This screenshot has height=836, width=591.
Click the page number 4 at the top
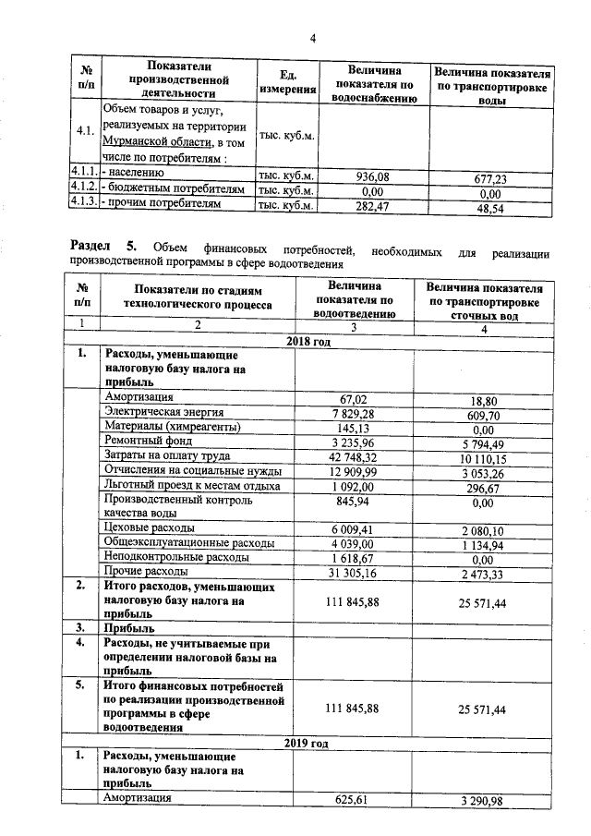(x=312, y=38)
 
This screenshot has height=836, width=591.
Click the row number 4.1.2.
(x=85, y=190)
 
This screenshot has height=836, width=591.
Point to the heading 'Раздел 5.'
(x=103, y=247)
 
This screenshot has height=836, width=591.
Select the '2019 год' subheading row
(x=307, y=742)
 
